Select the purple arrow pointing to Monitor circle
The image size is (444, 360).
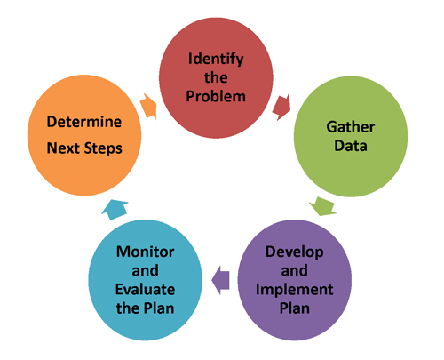coord(219,280)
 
